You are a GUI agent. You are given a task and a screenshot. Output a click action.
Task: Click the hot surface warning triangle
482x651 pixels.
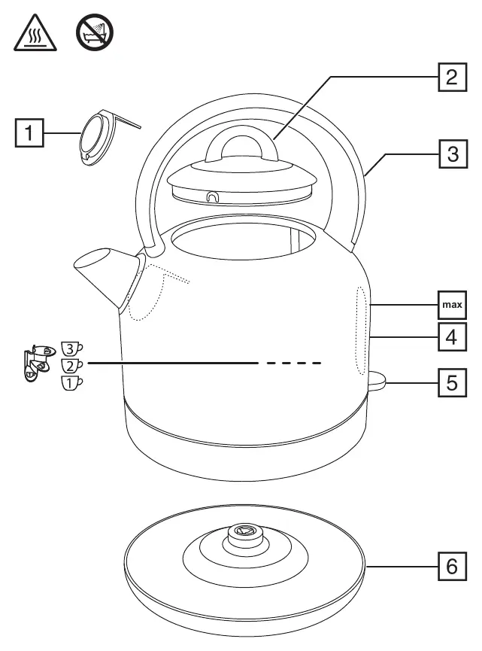click(35, 33)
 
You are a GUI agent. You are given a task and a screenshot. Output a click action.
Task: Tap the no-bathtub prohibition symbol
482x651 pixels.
click(95, 32)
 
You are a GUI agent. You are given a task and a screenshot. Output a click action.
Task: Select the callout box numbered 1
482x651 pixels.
click(29, 133)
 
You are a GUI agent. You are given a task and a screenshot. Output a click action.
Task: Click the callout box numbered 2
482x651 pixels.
click(452, 78)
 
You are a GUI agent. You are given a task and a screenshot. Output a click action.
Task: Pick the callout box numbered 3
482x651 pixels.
click(453, 154)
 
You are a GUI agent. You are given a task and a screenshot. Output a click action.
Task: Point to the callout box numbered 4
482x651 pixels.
click(452, 337)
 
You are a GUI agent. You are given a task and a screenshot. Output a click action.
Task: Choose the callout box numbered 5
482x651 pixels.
click(452, 383)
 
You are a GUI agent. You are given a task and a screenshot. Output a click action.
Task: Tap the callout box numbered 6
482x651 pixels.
click(452, 566)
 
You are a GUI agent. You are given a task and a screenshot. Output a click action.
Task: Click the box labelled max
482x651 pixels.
click(452, 305)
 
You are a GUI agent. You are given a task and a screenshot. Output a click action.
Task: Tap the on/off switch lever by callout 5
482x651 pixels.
click(376, 381)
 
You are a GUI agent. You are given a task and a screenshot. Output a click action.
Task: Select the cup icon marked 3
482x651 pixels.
click(71, 348)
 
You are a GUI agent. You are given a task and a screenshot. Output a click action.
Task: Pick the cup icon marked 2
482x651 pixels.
click(71, 366)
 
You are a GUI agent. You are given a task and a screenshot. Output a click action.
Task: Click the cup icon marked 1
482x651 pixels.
click(71, 383)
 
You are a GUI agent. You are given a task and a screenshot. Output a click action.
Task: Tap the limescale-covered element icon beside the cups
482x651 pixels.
click(39, 362)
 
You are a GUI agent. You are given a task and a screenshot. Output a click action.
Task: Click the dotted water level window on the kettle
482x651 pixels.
click(361, 330)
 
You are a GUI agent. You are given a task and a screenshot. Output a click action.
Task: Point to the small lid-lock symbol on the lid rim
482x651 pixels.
click(212, 196)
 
